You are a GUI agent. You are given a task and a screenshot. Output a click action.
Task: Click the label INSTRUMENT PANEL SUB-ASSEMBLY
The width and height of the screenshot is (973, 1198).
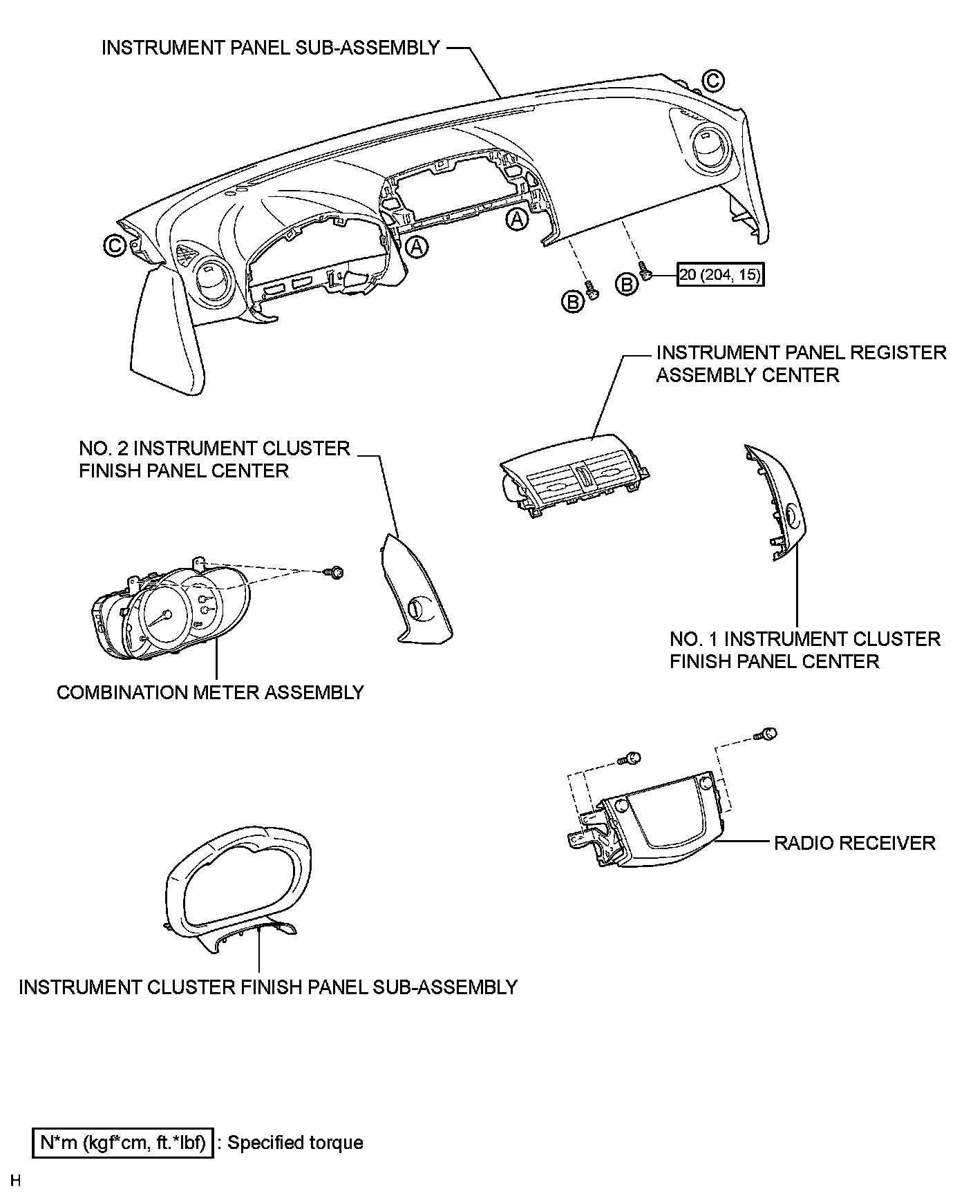pyautogui.click(x=270, y=48)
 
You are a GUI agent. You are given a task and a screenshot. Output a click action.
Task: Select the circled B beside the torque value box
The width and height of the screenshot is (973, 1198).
pyautogui.click(x=627, y=284)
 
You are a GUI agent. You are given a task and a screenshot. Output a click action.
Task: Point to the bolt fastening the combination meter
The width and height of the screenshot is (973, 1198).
pyautogui.click(x=336, y=572)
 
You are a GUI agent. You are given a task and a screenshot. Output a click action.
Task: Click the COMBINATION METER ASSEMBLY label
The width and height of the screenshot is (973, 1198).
pyautogui.click(x=210, y=692)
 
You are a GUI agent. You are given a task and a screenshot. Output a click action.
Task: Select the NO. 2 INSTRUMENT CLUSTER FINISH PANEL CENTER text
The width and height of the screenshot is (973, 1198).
pyautogui.click(x=214, y=459)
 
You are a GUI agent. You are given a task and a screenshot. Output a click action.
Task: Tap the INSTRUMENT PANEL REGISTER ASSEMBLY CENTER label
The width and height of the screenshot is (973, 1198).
pyautogui.click(x=800, y=363)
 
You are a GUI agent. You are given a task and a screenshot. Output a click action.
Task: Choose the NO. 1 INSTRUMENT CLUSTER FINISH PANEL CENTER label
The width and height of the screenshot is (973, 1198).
pyautogui.click(x=805, y=650)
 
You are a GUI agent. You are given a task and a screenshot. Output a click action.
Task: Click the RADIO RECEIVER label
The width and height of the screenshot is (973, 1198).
pyautogui.click(x=854, y=843)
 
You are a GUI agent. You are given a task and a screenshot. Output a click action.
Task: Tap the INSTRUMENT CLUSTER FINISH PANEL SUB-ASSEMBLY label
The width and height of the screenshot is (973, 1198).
pyautogui.click(x=268, y=987)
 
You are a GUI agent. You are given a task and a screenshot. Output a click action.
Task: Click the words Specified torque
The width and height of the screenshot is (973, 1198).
pyautogui.click(x=295, y=1143)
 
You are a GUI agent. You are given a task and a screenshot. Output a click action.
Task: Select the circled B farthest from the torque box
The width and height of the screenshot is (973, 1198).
pyautogui.click(x=572, y=302)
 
